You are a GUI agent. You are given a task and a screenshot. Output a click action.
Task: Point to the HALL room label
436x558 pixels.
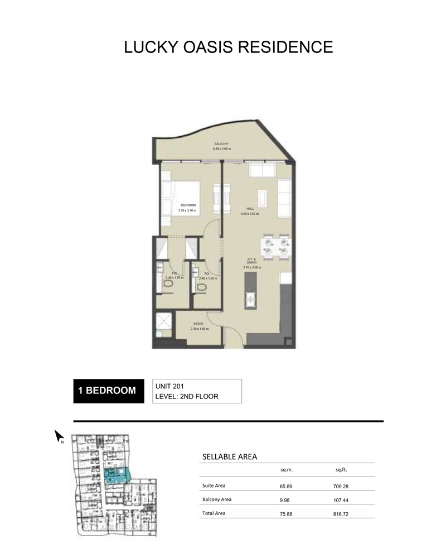[250, 209]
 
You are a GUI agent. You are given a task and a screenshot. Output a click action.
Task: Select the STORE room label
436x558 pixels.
[198, 324]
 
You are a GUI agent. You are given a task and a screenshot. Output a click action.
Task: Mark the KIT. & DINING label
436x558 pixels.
[251, 262]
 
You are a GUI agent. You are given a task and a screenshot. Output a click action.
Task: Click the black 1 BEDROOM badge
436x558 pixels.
[106, 391]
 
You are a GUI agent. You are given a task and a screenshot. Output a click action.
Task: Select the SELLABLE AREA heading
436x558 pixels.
[229, 456]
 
